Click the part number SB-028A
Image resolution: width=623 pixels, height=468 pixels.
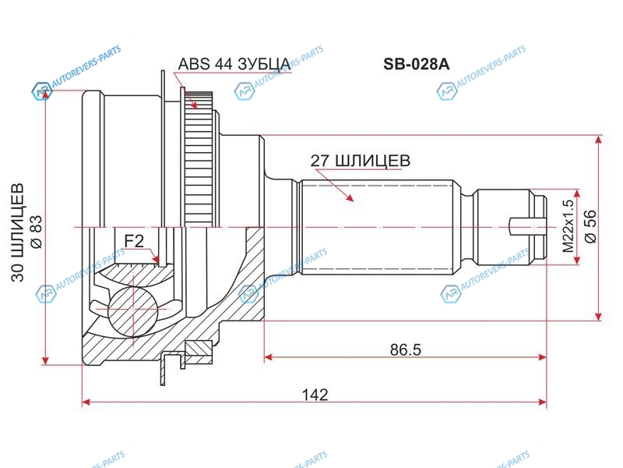(416, 64)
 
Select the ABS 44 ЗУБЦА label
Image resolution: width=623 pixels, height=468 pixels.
(234, 64)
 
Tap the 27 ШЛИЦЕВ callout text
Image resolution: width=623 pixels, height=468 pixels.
(360, 161)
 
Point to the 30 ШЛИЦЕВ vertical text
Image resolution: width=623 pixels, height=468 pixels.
(18, 232)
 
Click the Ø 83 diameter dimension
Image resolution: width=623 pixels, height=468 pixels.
(36, 232)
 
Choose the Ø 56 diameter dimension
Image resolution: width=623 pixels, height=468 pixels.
(591, 226)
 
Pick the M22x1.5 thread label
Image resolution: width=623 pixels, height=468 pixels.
(568, 226)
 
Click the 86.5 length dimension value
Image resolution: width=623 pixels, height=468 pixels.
(405, 349)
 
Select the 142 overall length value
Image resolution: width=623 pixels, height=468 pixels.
(315, 395)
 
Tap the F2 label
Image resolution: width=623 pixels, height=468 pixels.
(134, 241)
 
